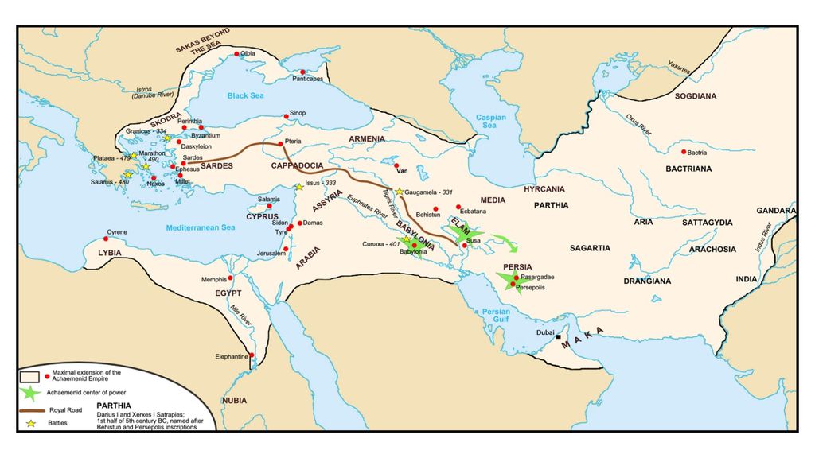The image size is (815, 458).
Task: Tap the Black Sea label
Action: pyautogui.click(x=244, y=95)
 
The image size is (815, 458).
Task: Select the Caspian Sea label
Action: pyautogui.click(x=490, y=122)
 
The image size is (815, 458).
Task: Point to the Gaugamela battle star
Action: pyautogui.click(x=400, y=192)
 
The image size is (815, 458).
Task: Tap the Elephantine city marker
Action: pyautogui.click(x=252, y=355)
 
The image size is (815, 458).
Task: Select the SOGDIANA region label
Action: pyautogui.click(x=696, y=96)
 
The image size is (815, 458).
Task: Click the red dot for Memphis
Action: pyautogui.click(x=231, y=278)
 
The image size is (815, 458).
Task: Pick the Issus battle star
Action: pyautogui.click(x=299, y=187)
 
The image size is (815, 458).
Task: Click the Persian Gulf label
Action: pyautogui.click(x=490, y=316)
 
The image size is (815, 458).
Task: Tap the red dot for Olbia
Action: pyautogui.click(x=236, y=55)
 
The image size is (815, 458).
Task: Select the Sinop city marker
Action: pyautogui.click(x=286, y=116)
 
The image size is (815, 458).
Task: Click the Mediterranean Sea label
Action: pyautogui.click(x=201, y=228)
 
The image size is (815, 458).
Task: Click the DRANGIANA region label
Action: pyautogui.click(x=647, y=281)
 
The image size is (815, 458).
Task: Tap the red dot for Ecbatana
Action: pyautogui.click(x=458, y=207)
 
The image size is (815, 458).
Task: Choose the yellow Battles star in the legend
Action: pyautogui.click(x=31, y=423)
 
